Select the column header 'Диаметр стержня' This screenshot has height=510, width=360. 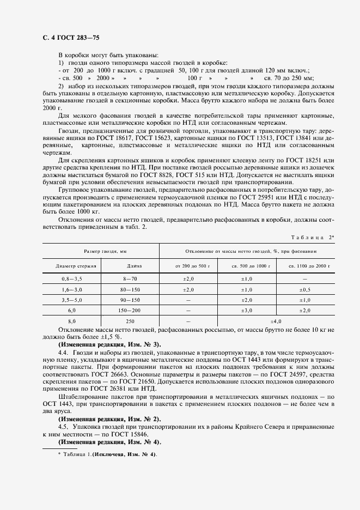[x=76, y=266]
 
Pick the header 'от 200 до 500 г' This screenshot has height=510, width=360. [x=188, y=266]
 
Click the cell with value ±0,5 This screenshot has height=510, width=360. [x=304, y=289]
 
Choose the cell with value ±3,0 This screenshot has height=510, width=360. [x=246, y=310]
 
